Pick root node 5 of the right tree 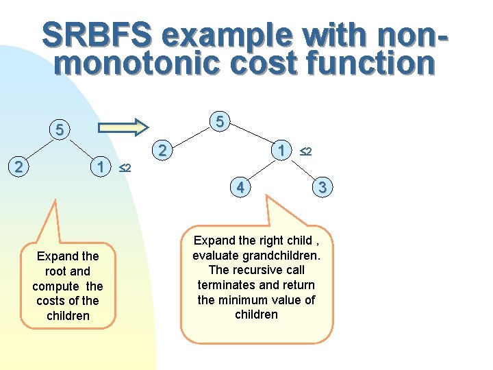[x=220, y=122]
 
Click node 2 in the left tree [x=21, y=166]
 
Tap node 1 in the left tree [x=101, y=166]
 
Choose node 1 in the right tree [x=281, y=150]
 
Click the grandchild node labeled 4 [x=240, y=186]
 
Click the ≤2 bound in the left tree [x=125, y=168]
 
